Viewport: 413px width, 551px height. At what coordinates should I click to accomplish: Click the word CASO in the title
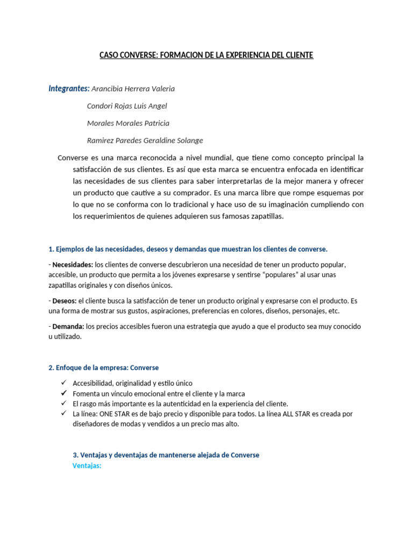[110, 55]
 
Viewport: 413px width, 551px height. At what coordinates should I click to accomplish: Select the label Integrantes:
[69, 88]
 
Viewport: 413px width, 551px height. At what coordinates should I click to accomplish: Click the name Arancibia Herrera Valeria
[133, 89]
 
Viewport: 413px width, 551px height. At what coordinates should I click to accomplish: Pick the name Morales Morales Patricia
[127, 123]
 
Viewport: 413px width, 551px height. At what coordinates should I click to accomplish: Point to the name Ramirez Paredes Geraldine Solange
[145, 140]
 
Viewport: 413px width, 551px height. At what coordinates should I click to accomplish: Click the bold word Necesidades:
[73, 265]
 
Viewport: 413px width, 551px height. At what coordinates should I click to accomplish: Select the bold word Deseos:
[65, 301]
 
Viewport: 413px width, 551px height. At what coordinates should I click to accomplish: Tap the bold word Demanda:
[68, 327]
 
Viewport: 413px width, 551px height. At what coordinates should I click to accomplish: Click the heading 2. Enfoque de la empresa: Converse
[103, 368]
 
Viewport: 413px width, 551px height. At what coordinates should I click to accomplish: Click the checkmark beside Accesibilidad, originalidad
[64, 383]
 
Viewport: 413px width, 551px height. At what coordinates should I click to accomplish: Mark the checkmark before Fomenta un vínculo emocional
[64, 393]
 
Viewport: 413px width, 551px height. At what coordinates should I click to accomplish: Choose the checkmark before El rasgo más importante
[64, 403]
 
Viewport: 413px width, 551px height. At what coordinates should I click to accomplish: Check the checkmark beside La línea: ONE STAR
[64, 413]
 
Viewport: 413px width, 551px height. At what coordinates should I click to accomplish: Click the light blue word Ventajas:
[87, 465]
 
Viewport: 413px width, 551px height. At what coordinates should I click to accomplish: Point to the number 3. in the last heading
[75, 455]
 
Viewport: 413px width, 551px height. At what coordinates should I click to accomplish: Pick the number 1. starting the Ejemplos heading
[51, 249]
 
